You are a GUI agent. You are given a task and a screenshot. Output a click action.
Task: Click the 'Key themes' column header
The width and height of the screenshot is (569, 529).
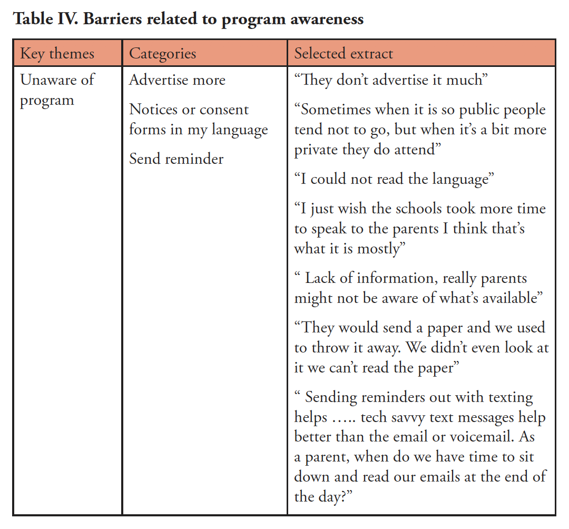click(57, 53)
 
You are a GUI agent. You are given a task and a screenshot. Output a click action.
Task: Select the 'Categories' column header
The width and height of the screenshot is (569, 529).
click(162, 53)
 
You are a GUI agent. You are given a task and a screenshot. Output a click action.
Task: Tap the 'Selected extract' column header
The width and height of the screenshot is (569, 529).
click(344, 53)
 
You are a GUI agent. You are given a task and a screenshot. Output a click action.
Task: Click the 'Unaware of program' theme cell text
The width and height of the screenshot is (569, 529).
click(57, 90)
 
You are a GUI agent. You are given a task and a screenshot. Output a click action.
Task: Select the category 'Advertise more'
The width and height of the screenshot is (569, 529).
click(177, 80)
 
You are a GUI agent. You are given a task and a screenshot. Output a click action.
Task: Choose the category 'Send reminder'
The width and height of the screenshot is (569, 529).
click(176, 159)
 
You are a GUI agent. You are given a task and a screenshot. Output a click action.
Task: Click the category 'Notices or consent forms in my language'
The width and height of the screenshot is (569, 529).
click(198, 120)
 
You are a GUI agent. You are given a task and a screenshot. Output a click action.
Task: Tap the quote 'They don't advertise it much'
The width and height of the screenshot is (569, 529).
click(391, 80)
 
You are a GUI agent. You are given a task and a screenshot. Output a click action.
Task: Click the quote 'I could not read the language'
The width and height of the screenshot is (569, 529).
click(394, 179)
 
